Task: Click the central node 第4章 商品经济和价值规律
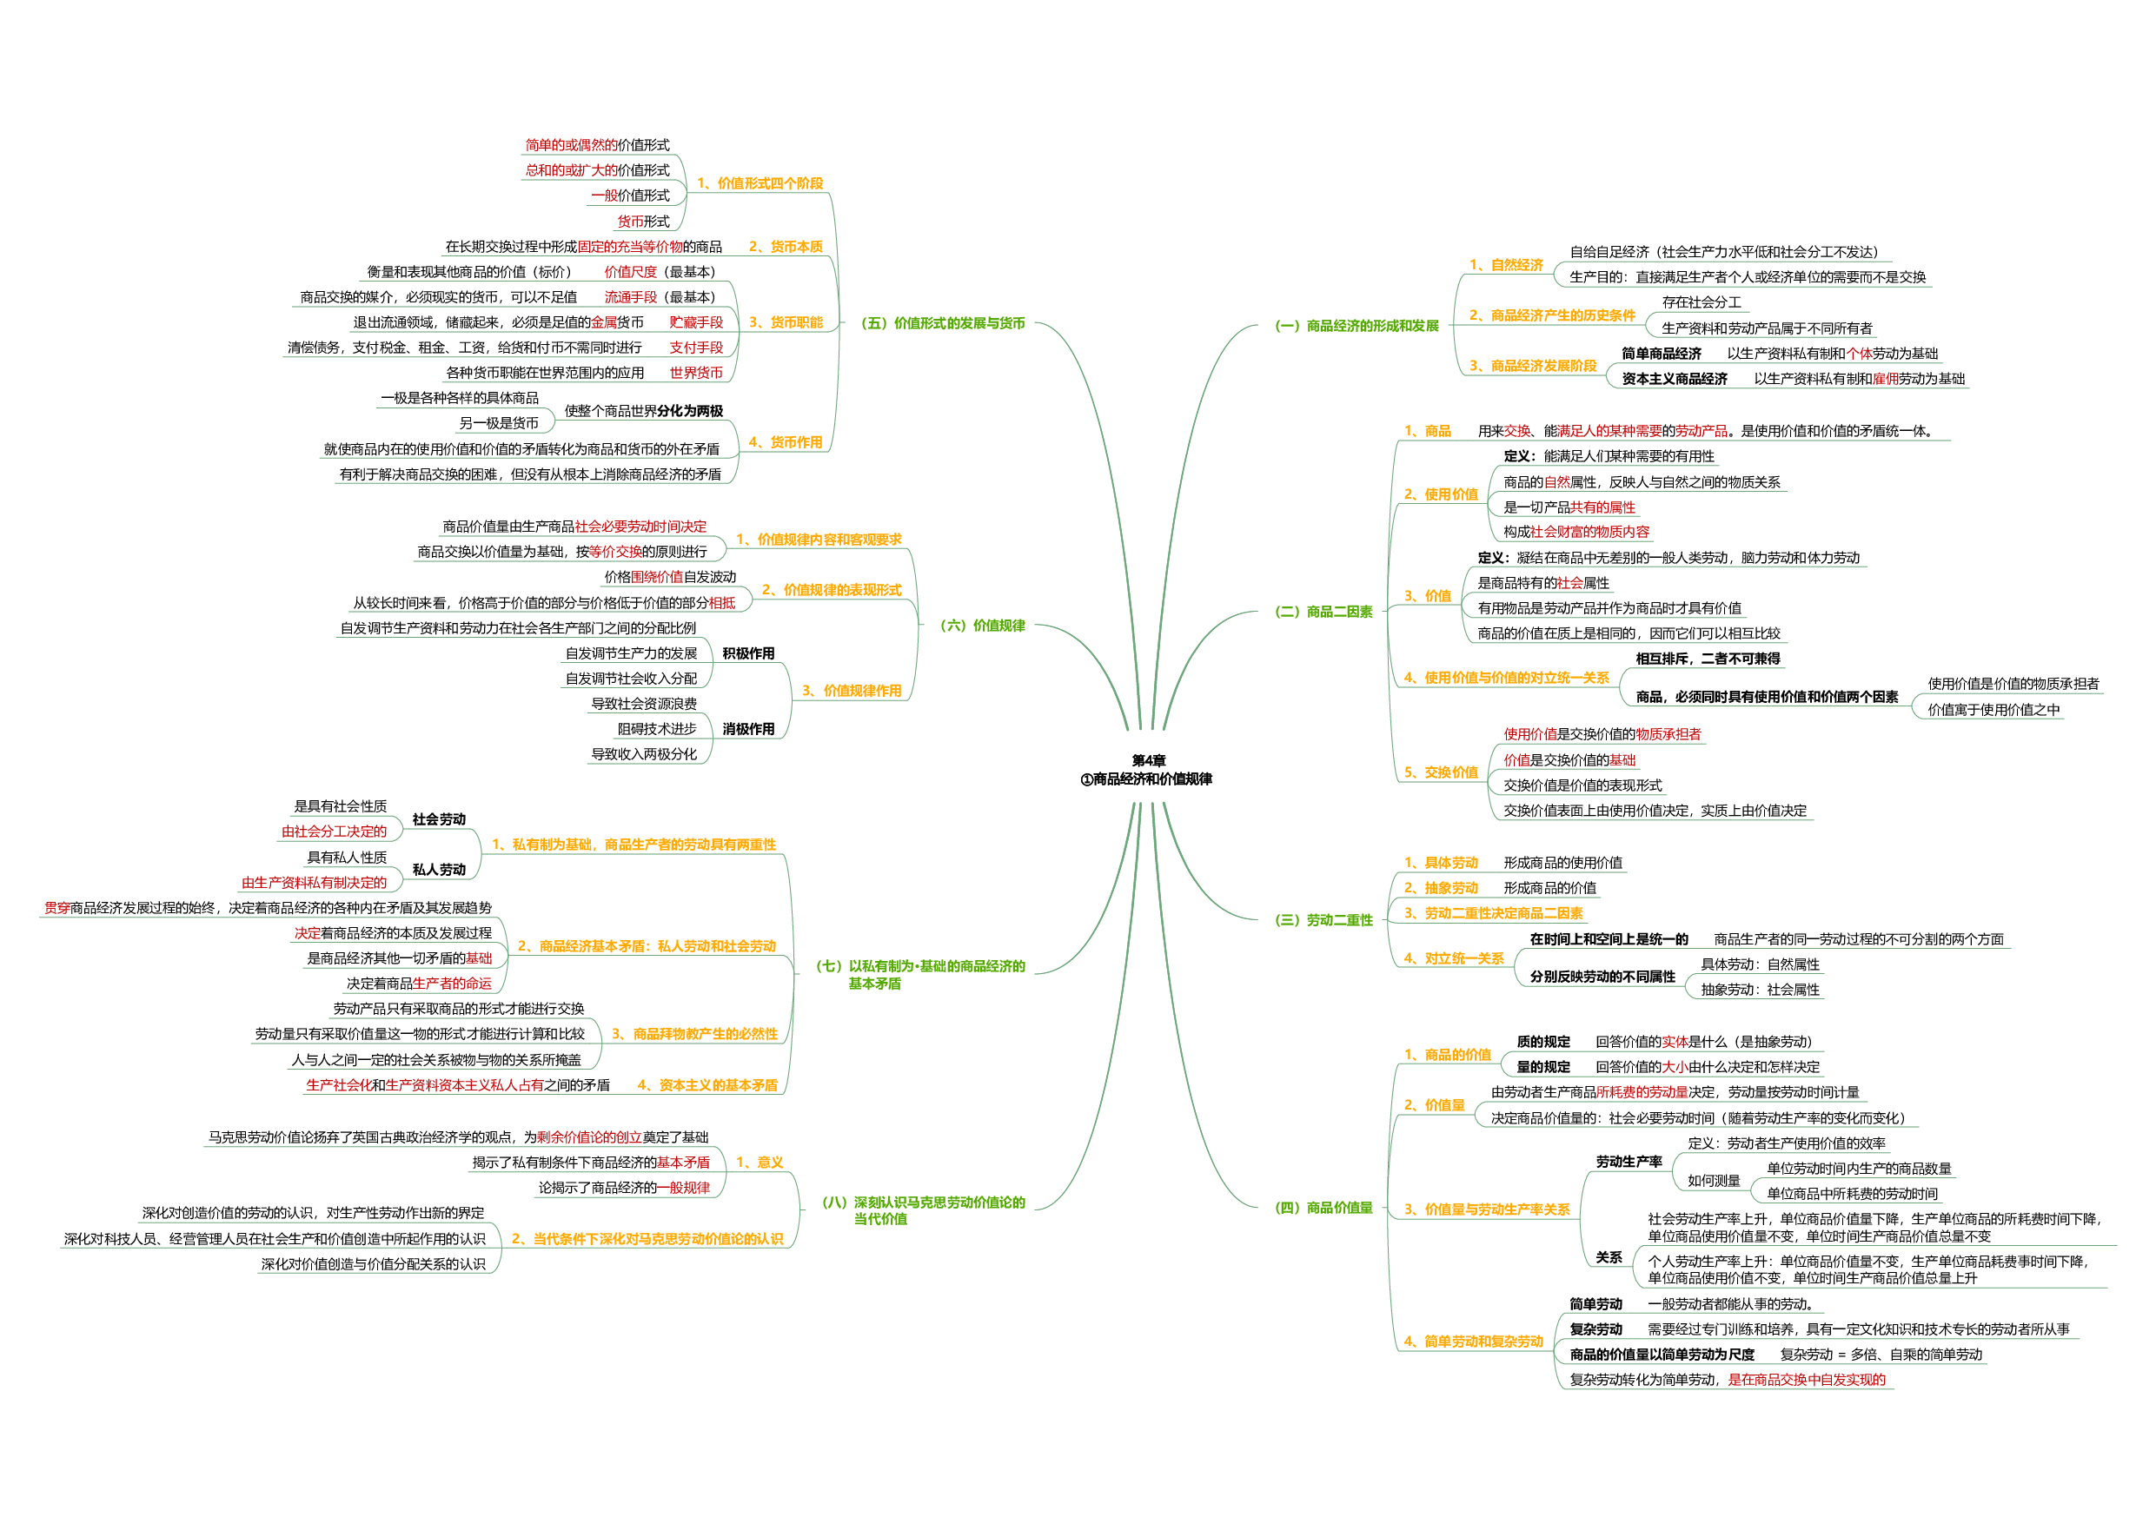pyautogui.click(x=1146, y=770)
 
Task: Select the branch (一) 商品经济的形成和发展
pyautogui.click(x=1356, y=326)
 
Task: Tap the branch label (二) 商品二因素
pyautogui.click(x=1323, y=612)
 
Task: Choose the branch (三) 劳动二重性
pyautogui.click(x=1323, y=920)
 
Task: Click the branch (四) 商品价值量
pyautogui.click(x=1323, y=1208)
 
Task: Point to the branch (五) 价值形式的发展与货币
pyautogui.click(x=943, y=323)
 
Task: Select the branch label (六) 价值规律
pyautogui.click(x=982, y=626)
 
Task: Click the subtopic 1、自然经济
pyautogui.click(x=1506, y=265)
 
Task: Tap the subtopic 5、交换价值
pyautogui.click(x=1441, y=772)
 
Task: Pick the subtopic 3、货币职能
pyautogui.click(x=785, y=322)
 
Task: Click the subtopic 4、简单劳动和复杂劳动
pyautogui.click(x=1473, y=1342)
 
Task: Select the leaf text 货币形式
pyautogui.click(x=643, y=222)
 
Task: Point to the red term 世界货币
pyautogui.click(x=696, y=373)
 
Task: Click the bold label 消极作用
pyautogui.click(x=748, y=729)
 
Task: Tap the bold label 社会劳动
pyautogui.click(x=439, y=818)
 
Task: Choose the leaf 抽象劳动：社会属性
pyautogui.click(x=1760, y=990)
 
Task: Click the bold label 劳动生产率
pyautogui.click(x=1629, y=1162)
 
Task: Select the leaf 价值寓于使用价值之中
pyautogui.click(x=1993, y=710)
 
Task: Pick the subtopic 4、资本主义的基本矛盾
pyautogui.click(x=707, y=1085)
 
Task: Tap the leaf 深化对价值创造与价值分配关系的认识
pyautogui.click(x=373, y=1264)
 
